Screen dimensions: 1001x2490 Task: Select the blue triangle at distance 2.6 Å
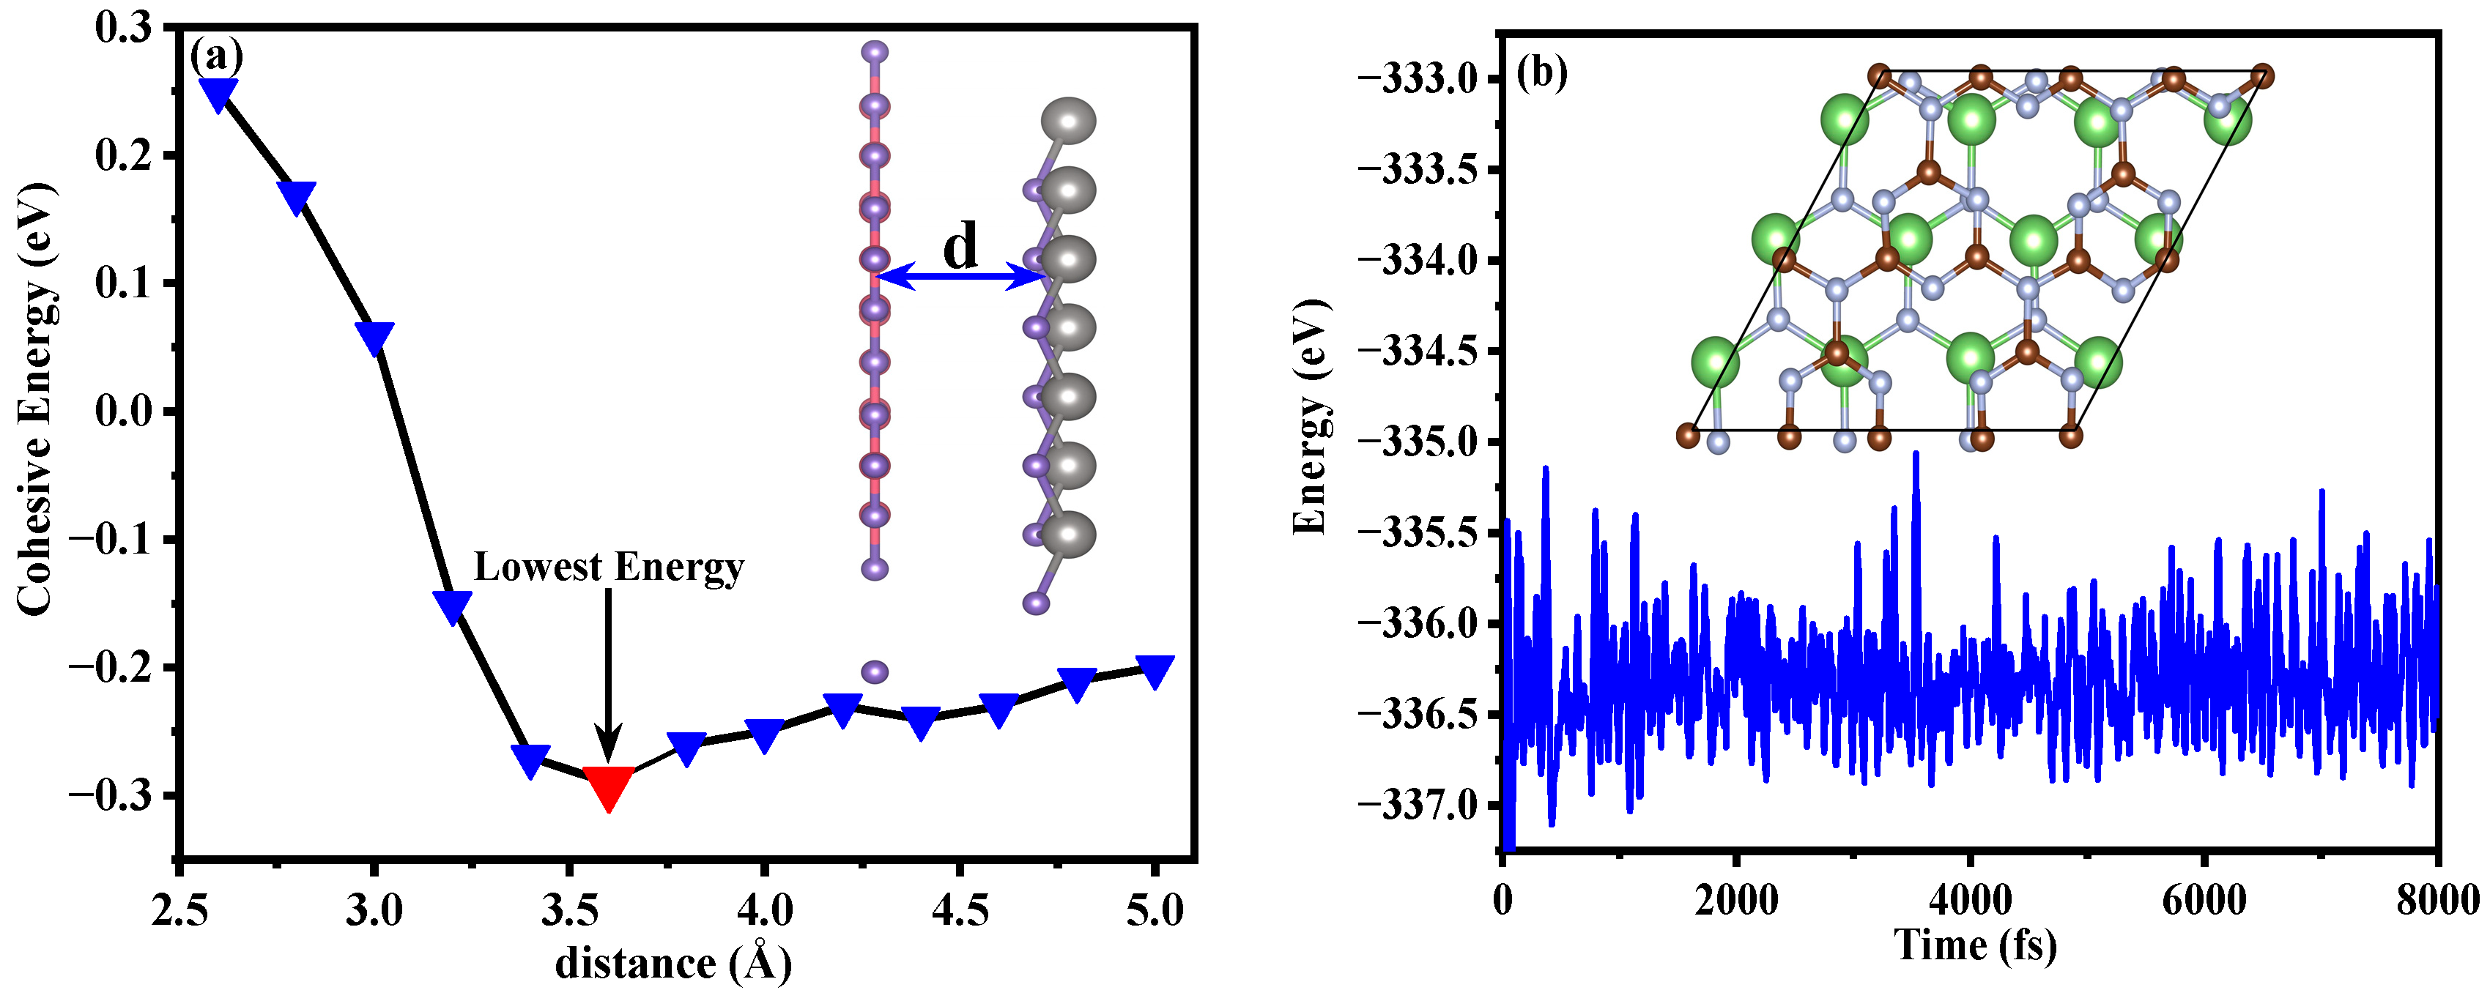pos(218,94)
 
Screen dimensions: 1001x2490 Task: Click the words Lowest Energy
pos(608,568)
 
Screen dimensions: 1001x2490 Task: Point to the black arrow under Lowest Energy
pos(607,677)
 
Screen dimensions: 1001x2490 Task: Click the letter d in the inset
pos(960,245)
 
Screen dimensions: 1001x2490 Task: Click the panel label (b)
pos(1542,72)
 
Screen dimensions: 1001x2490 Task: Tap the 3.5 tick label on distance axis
pos(568,909)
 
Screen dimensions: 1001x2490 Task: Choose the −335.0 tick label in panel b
pos(1417,442)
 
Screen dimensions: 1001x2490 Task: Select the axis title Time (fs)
pos(1975,945)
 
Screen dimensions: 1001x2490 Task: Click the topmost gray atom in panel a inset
pos(1067,121)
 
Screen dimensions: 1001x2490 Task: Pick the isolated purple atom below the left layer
pos(874,671)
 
